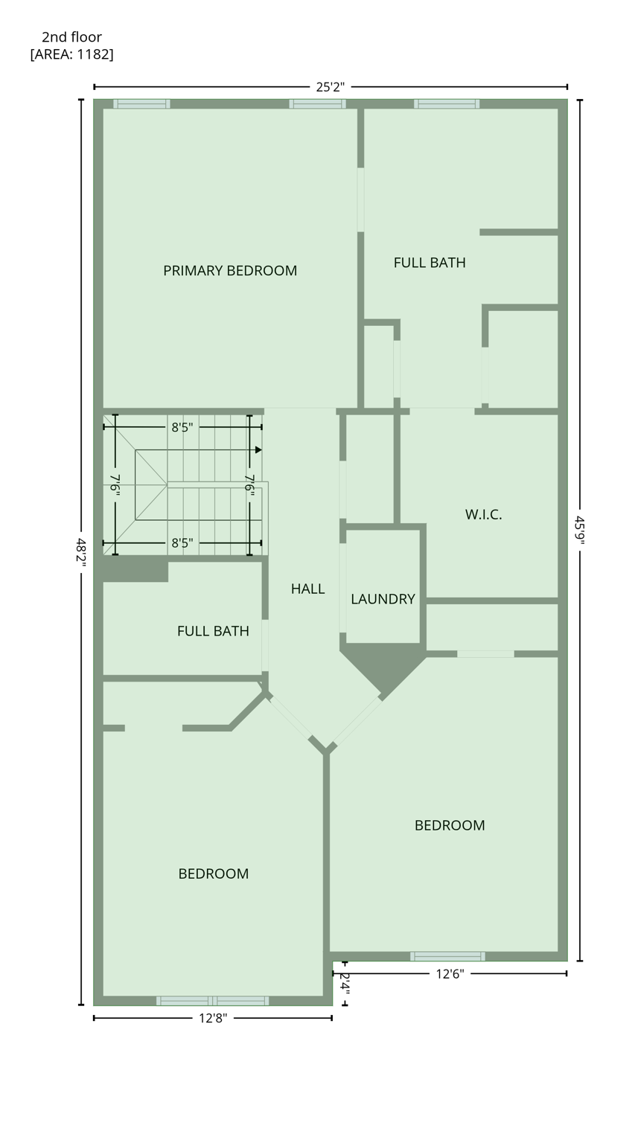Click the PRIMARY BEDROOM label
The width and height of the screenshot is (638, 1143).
[x=230, y=271]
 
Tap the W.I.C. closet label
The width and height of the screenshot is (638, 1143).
[x=483, y=514]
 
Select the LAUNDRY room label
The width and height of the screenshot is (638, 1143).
[x=383, y=599]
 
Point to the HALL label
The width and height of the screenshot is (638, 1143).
[x=307, y=589]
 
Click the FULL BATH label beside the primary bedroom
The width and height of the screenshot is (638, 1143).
[x=430, y=263]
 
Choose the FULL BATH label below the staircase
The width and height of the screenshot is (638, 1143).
[x=213, y=631]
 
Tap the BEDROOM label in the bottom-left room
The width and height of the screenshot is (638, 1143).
[x=213, y=874]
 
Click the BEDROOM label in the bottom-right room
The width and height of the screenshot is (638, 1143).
[x=450, y=825]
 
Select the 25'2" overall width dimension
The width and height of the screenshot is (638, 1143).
[x=331, y=87]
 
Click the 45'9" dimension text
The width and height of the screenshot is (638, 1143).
[x=579, y=530]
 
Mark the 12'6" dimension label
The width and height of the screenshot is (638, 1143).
[x=450, y=973]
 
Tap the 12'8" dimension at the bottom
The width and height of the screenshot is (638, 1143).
[x=213, y=1018]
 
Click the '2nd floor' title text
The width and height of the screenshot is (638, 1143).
[x=71, y=37]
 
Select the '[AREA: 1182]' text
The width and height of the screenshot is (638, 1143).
[x=71, y=54]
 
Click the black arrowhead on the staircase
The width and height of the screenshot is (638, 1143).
[x=258, y=450]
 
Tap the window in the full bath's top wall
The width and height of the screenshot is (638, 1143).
[x=447, y=104]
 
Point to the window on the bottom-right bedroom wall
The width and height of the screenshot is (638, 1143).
[x=447, y=956]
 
